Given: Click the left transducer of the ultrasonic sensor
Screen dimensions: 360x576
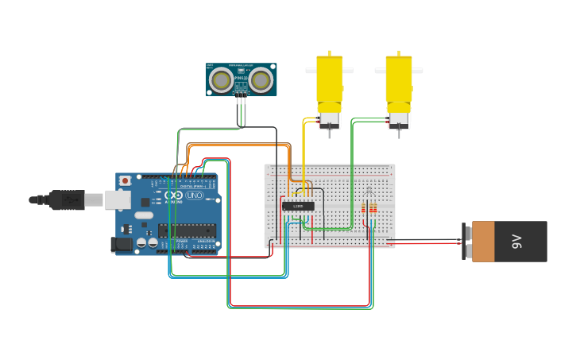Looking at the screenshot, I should point(221,79).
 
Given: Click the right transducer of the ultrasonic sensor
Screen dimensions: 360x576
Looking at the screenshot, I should point(260,79).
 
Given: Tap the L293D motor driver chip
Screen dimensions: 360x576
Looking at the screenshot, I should point(298,206).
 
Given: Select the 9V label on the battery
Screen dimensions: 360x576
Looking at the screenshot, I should point(516,242).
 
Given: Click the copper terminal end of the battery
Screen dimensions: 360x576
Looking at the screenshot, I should point(482,242).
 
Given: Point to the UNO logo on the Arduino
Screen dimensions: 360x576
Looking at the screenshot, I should point(193,195).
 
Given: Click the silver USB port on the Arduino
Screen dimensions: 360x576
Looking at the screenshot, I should point(118,199).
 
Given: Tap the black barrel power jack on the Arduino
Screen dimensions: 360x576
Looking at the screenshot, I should point(122,245).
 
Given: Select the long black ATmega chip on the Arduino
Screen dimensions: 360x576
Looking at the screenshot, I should point(187,230).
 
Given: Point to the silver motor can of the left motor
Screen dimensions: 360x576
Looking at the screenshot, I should point(329,120).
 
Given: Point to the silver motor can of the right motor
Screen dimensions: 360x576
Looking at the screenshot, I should point(399,120).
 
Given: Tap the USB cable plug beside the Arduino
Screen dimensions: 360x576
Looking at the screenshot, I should point(68,199).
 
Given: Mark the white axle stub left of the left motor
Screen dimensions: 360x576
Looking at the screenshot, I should point(311,71).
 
